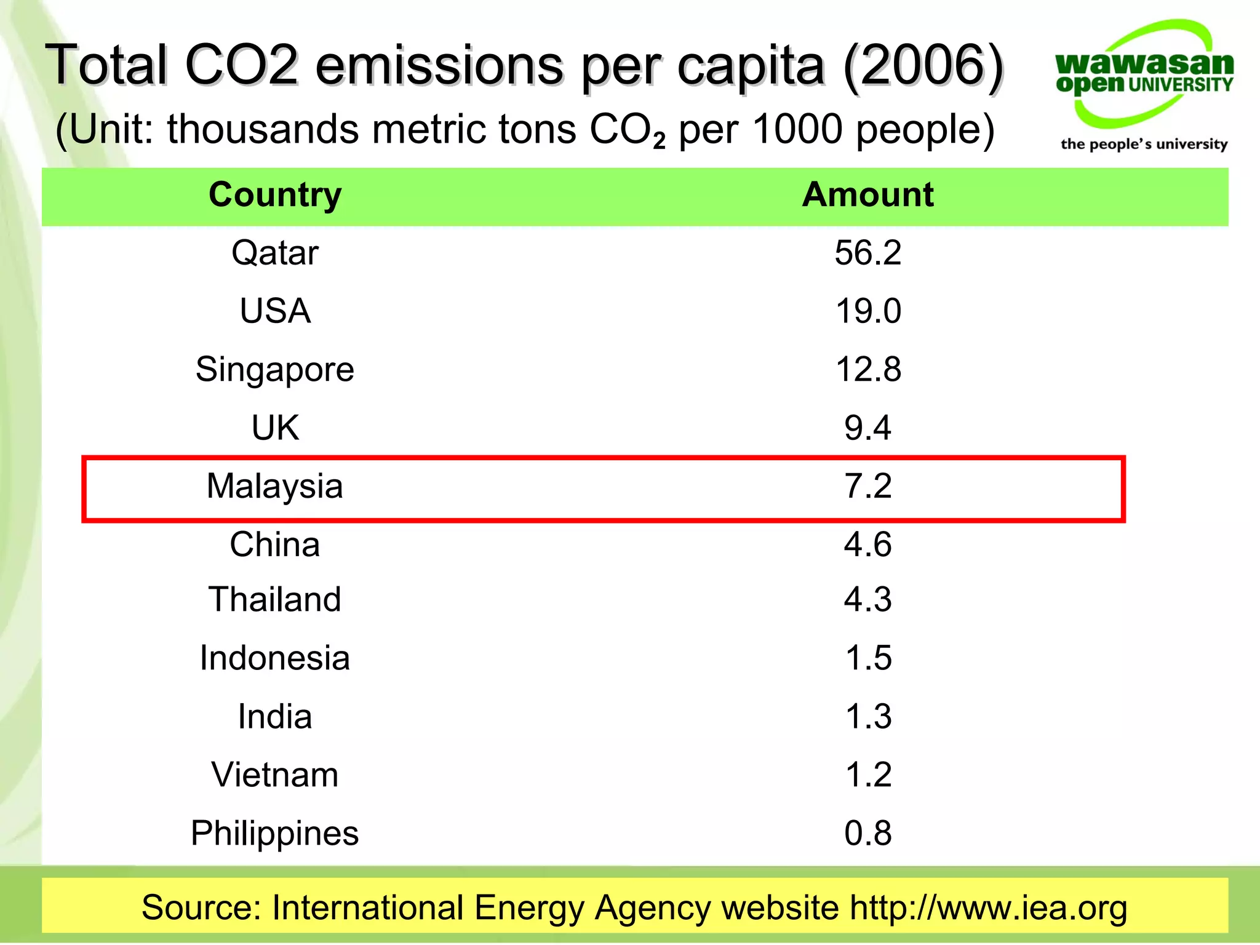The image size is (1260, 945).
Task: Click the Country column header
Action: click(275, 196)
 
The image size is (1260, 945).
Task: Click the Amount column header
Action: click(867, 195)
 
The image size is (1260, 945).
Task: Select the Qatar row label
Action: click(275, 253)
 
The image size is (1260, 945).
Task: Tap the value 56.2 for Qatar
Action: click(867, 253)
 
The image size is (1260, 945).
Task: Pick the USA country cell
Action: click(275, 311)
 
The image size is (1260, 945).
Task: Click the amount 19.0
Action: click(867, 311)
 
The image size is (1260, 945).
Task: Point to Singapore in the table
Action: click(275, 369)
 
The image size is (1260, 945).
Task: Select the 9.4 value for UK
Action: click(867, 428)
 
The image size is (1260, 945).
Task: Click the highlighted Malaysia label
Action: click(274, 486)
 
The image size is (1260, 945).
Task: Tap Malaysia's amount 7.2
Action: click(867, 486)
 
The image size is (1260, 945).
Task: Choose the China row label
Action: click(275, 544)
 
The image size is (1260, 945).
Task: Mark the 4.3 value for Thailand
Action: click(867, 599)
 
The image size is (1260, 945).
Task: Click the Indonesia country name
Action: click(275, 658)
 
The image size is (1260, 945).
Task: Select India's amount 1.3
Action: click(868, 716)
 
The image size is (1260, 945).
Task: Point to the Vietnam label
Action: click(275, 775)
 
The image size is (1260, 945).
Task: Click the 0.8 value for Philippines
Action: click(867, 833)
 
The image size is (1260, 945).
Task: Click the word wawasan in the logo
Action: click(1144, 63)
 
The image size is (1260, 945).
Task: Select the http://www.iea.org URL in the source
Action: click(988, 908)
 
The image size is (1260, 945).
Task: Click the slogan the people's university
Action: click(1144, 144)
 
